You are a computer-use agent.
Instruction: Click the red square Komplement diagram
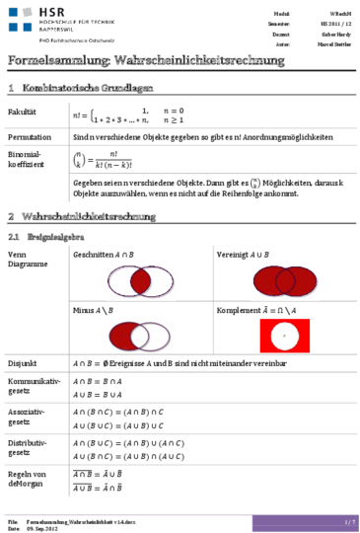point(284,337)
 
